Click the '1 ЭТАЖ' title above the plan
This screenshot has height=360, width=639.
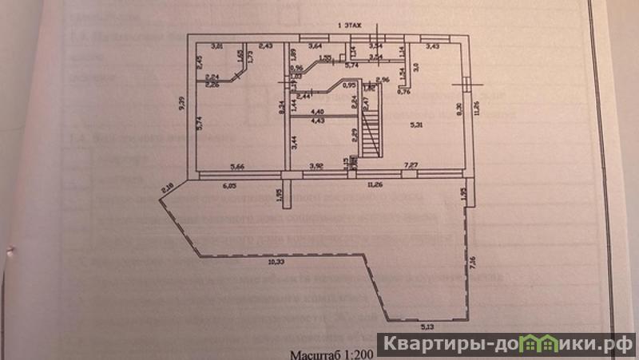coord(351,26)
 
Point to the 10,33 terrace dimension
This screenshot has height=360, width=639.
coord(276,261)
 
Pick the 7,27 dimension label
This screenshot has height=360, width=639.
coord(411,165)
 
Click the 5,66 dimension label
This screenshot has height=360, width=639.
coord(237,165)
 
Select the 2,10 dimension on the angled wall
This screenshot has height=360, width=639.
coord(167,188)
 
